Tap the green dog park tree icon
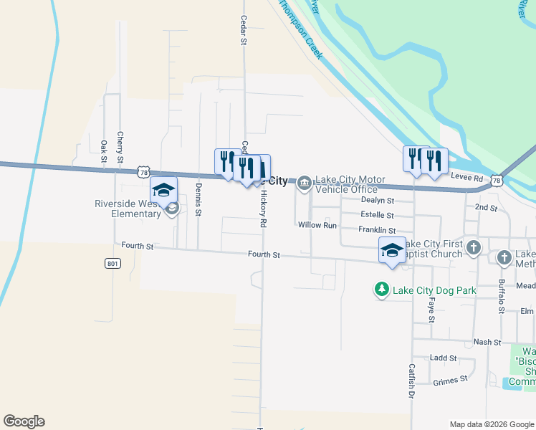tap(382, 290)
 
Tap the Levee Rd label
tap(467, 176)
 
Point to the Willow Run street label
tap(317, 225)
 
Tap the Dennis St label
tap(198, 199)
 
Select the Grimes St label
tap(450, 381)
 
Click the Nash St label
tap(487, 343)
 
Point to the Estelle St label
tap(377, 215)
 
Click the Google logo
tap(24, 421)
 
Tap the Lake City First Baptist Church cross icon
tap(473, 248)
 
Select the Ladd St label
tap(443, 358)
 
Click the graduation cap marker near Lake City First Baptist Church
tap(392, 251)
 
